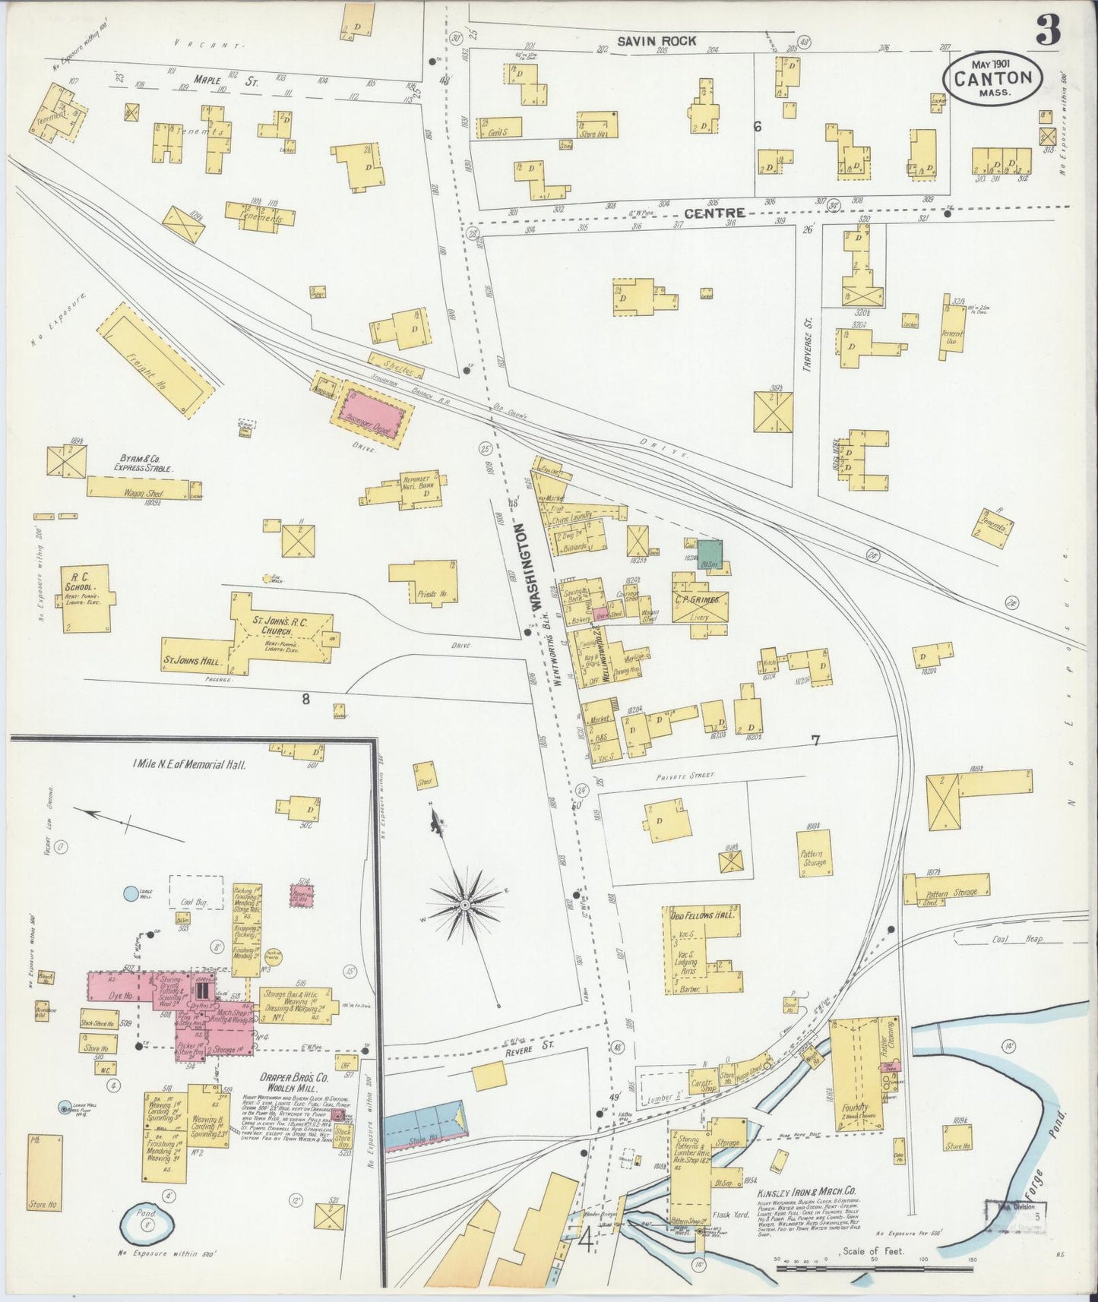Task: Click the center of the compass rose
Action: point(464,905)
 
